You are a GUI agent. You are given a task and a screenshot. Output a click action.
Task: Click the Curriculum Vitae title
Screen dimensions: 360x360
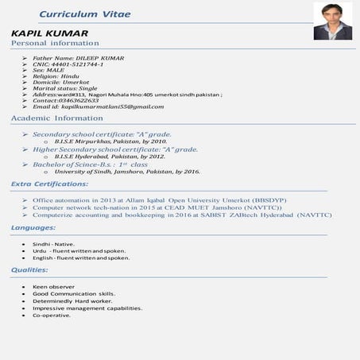85,15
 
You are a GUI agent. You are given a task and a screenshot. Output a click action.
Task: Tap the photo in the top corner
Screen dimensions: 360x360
332,21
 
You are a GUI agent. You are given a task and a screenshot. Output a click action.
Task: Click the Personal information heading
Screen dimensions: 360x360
55,43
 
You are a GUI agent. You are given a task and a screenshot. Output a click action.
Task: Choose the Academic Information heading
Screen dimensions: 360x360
57,118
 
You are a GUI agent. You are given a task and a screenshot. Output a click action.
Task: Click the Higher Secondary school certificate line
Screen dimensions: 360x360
115,149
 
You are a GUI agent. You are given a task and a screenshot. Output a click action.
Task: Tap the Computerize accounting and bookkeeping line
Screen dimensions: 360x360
181,215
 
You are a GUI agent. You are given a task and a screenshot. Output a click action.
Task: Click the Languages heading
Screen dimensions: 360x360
33,228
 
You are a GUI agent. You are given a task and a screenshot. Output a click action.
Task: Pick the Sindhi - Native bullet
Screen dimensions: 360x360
53,244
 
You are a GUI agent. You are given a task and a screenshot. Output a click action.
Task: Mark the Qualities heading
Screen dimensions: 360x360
29,270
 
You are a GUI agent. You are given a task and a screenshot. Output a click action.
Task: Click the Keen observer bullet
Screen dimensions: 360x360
53,286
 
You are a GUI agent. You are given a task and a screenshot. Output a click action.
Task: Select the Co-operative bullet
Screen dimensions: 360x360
52,315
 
